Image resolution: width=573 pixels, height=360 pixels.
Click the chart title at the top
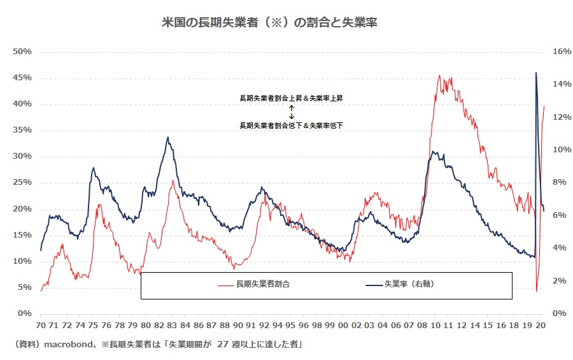271,22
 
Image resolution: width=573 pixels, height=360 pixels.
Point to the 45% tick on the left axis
24,78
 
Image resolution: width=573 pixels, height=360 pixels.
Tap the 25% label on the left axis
24,182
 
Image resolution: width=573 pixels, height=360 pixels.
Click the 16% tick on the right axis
558,52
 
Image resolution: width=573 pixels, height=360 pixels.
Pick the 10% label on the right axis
558,150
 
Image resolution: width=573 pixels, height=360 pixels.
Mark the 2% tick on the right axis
560,281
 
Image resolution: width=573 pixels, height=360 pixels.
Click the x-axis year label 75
92,324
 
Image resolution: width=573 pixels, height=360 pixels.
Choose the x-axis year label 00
344,324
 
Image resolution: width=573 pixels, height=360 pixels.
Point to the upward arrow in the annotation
291,108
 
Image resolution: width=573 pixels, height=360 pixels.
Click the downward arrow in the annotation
291,116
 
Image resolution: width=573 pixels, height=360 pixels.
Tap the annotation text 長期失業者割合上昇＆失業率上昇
291,99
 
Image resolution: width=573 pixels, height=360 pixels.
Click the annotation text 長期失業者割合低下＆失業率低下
291,126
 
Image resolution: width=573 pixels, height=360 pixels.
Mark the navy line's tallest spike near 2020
536,73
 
